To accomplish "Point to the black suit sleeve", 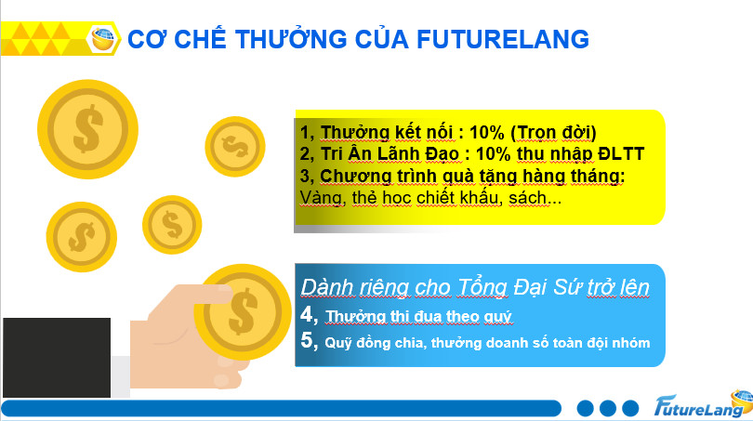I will coord(56,358).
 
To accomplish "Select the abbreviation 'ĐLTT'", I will coord(618,153).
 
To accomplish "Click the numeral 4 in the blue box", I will coord(307,316).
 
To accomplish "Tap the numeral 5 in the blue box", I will coord(308,341).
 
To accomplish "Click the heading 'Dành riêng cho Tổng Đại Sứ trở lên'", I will coord(475,286).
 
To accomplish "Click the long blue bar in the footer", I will coord(279,408).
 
